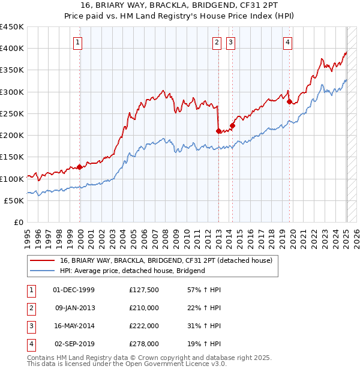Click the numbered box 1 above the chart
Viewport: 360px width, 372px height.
pyautogui.click(x=79, y=42)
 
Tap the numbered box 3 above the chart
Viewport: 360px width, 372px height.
pyautogui.click(x=231, y=42)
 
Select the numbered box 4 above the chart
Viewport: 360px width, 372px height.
pyautogui.click(x=288, y=42)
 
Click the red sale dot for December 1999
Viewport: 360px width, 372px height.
pyautogui.click(x=80, y=167)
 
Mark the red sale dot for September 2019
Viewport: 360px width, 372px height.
pyautogui.click(x=289, y=102)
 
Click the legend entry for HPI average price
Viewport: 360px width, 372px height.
pyautogui.click(x=133, y=271)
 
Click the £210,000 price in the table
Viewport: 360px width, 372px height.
pyautogui.click(x=144, y=308)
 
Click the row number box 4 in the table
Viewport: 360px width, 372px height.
pyautogui.click(x=31, y=344)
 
